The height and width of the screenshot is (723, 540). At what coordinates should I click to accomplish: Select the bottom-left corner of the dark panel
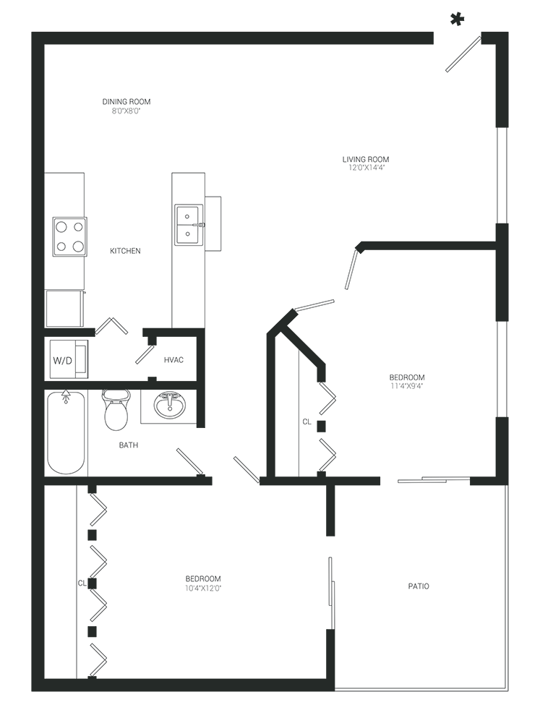(x=32, y=690)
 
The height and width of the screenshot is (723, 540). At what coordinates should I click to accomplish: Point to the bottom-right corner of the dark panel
(x=507, y=690)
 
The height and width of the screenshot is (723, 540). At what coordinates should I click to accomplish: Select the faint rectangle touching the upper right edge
(x=481, y=174)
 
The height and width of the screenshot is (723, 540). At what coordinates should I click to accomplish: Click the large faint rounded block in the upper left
(x=166, y=181)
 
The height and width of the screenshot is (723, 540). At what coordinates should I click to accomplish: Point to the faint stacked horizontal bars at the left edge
(x=72, y=354)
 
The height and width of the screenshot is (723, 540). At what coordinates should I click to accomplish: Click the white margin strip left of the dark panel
(x=14, y=361)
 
